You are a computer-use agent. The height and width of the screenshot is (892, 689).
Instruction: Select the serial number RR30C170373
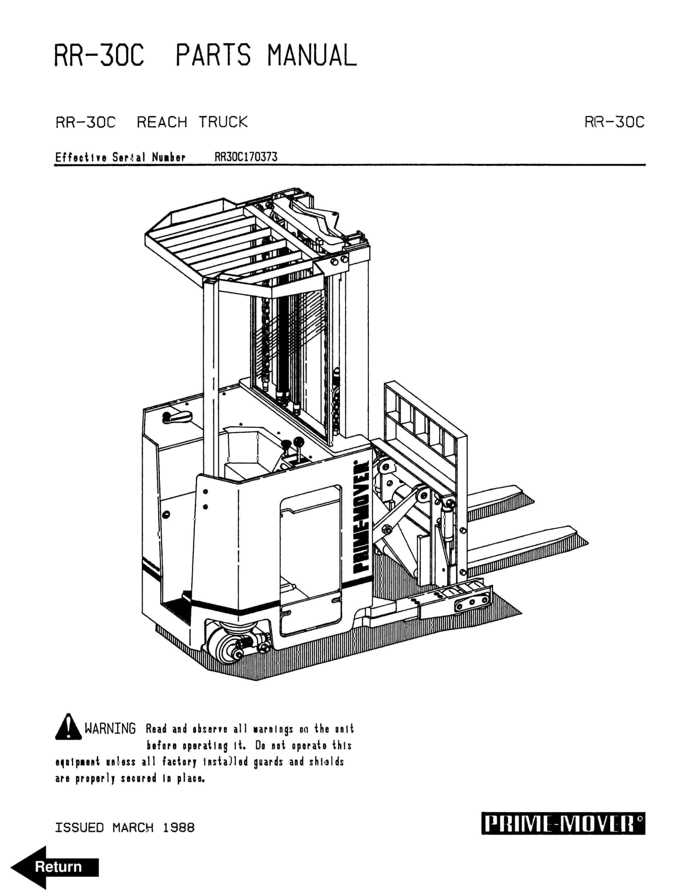tap(246, 157)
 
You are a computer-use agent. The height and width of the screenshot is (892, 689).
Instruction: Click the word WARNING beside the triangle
tap(110, 728)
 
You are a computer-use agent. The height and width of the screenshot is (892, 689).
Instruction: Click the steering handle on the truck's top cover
tap(176, 417)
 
